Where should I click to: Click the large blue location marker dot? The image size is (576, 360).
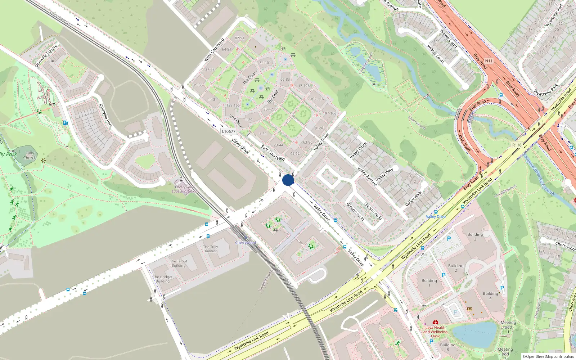pyautogui.click(x=288, y=180)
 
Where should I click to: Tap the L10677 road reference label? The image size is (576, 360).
pyautogui.click(x=229, y=131)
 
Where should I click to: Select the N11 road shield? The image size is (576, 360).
pyautogui.click(x=489, y=61)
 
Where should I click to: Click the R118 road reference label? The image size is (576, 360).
pyautogui.click(x=517, y=145)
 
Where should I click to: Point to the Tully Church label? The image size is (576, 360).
pyautogui.click(x=30, y=155)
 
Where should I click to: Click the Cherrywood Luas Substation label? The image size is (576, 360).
pyautogui.click(x=184, y=189)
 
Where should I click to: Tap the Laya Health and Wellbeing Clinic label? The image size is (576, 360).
pyautogui.click(x=435, y=332)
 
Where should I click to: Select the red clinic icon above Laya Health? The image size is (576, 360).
pyautogui.click(x=435, y=322)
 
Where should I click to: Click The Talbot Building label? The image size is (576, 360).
pyautogui.click(x=179, y=263)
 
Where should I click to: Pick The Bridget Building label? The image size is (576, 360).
pyautogui.click(x=163, y=279)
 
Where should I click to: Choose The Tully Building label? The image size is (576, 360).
pyautogui.click(x=211, y=249)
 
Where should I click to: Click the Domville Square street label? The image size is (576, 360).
pyautogui.click(x=46, y=56)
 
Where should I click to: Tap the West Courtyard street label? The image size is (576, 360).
pyautogui.click(x=214, y=50)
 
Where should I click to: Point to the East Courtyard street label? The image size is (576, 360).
pyautogui.click(x=273, y=153)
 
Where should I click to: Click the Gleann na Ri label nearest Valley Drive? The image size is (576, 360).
pyautogui.click(x=355, y=211)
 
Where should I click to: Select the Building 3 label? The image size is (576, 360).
pyautogui.click(x=475, y=237)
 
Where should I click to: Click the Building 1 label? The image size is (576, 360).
pyautogui.click(x=429, y=283)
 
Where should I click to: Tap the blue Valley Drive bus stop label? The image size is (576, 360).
pyautogui.click(x=436, y=217)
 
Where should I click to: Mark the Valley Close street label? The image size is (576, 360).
pyautogui.click(x=358, y=150)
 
